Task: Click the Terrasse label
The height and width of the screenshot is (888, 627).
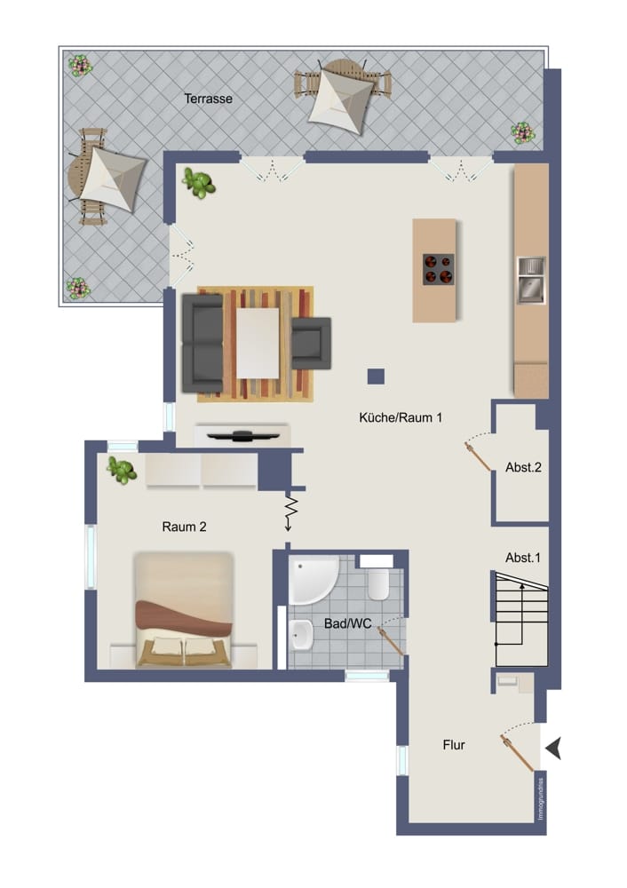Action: click(x=209, y=99)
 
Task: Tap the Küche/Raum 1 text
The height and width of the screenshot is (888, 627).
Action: click(x=401, y=416)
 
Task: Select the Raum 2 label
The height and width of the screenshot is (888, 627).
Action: click(x=185, y=527)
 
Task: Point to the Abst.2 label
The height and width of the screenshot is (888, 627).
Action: click(x=523, y=467)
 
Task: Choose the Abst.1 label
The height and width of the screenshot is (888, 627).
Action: click(x=523, y=558)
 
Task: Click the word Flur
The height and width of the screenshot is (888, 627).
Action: click(x=455, y=745)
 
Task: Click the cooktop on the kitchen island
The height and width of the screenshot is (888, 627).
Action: click(x=437, y=268)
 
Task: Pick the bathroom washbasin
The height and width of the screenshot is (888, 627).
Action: click(x=299, y=634)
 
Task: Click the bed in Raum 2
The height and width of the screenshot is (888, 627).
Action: click(x=183, y=610)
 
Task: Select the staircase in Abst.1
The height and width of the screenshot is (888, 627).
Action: click(x=521, y=618)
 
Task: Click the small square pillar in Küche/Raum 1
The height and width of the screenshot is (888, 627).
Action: click(x=376, y=377)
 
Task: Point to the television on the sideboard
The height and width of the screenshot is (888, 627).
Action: click(x=242, y=434)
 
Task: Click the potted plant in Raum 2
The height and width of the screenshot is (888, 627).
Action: click(x=122, y=469)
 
